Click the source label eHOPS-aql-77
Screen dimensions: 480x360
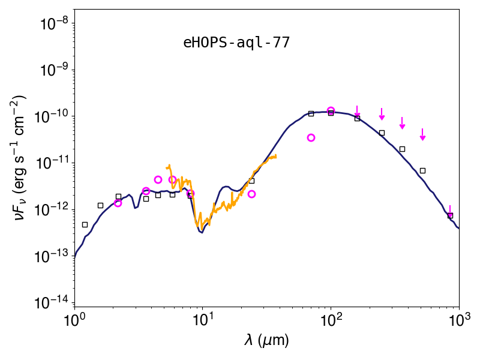tap(236, 43)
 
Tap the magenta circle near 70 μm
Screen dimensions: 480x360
tap(311, 138)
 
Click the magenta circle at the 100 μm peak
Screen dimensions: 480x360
tap(331, 110)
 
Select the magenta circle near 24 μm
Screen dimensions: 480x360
tap(251, 194)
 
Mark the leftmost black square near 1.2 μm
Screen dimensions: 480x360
tap(85, 224)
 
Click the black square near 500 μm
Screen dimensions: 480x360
tap(422, 171)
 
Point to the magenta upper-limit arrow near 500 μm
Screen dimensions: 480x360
tap(422, 134)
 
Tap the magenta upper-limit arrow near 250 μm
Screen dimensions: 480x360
tap(382, 114)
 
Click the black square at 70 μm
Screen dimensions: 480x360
tap(311, 113)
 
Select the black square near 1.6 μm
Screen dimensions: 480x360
tap(100, 205)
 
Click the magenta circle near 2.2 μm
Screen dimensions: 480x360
tap(118, 203)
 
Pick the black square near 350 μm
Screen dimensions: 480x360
tap(402, 149)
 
